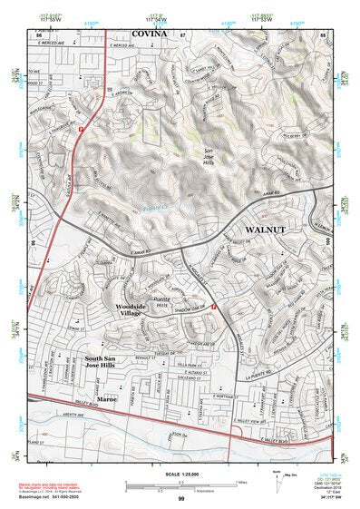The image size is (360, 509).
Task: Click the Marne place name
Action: point(108,398)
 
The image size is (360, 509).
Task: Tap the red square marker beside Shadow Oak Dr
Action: point(214,308)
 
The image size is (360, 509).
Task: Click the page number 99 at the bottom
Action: point(180,499)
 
